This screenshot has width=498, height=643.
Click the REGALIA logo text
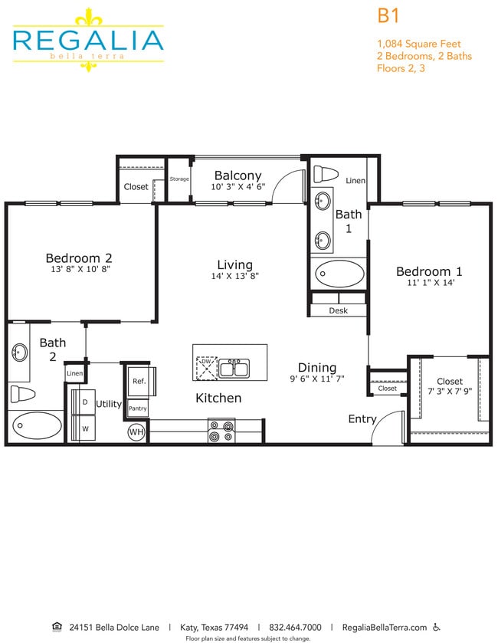(x=87, y=40)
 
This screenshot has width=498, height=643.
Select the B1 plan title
(x=388, y=15)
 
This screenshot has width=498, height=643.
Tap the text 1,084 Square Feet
(x=418, y=44)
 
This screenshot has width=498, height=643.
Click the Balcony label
(x=238, y=176)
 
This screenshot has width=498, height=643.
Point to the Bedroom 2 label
(x=79, y=258)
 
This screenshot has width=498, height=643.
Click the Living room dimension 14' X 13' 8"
(x=234, y=277)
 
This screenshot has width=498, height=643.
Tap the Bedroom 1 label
(x=429, y=271)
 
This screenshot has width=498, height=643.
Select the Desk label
(x=338, y=310)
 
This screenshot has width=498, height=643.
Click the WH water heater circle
(x=136, y=432)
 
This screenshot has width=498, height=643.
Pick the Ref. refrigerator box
(x=140, y=381)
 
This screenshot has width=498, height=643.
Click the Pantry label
(x=138, y=408)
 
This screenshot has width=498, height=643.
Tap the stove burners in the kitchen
(x=221, y=431)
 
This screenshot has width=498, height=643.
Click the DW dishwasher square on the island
(x=206, y=368)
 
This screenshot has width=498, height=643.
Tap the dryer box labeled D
(x=85, y=402)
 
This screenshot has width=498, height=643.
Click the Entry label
(x=362, y=419)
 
